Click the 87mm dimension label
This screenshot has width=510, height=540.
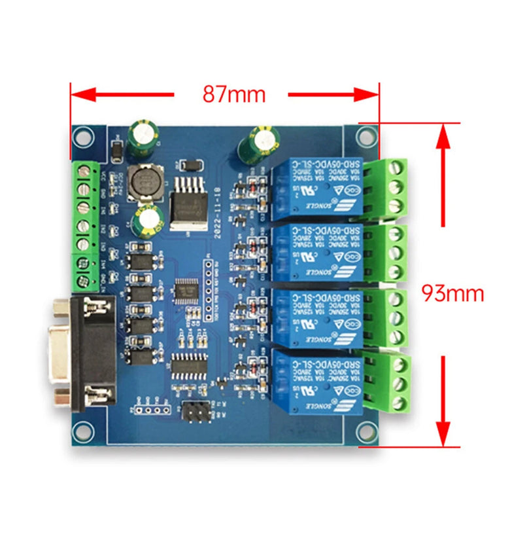233,94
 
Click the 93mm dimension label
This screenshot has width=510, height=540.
452,293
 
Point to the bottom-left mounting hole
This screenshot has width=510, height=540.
82,430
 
